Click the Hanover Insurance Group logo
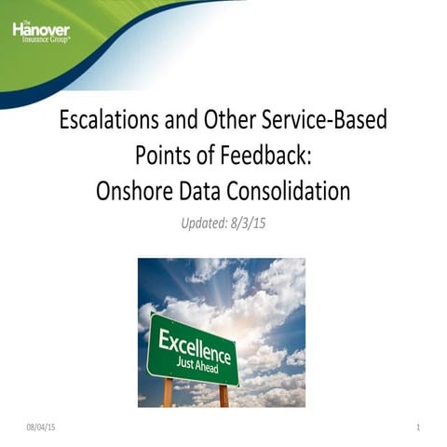(x=40, y=34)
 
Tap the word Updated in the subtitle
(x=205, y=223)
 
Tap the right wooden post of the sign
(x=223, y=395)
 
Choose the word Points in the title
(x=167, y=156)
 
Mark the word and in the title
(x=183, y=120)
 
